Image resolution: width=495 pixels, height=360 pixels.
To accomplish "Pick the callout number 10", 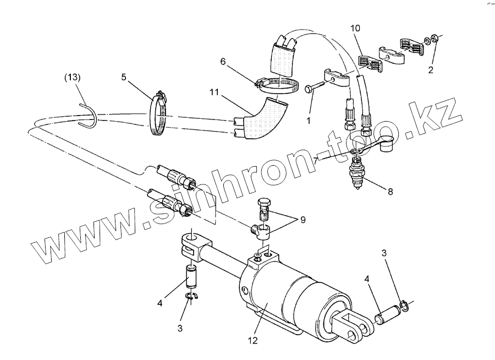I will tap(355, 28).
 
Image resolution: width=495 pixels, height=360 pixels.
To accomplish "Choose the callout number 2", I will tap(431, 70).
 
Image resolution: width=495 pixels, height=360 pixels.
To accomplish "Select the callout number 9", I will tap(302, 220).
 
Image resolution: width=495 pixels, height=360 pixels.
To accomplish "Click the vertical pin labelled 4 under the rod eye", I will tap(191, 276).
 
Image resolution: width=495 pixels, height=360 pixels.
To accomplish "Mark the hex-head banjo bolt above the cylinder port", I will tap(264, 209).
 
